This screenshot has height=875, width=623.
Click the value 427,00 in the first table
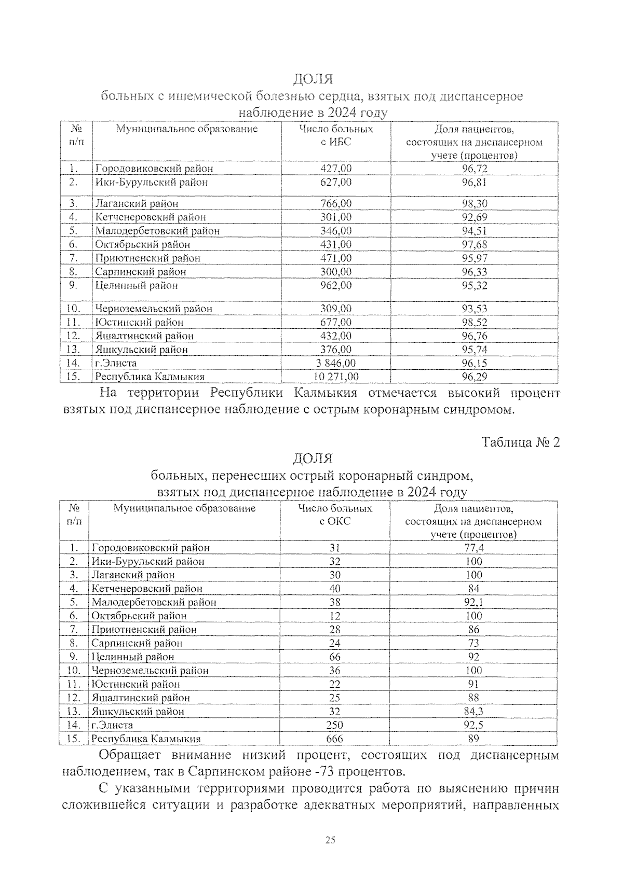click(x=335, y=169)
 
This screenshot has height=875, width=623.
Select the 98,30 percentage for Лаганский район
click(x=475, y=203)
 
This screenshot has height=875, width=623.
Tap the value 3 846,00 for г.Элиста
click(x=335, y=363)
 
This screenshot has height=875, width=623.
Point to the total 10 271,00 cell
click(x=335, y=377)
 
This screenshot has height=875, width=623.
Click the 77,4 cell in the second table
click(x=473, y=548)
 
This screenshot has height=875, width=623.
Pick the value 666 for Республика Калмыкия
click(x=334, y=739)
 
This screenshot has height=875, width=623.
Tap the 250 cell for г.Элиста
click(x=334, y=725)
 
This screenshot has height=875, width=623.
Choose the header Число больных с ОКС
click(x=335, y=515)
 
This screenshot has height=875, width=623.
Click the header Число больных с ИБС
click(x=336, y=135)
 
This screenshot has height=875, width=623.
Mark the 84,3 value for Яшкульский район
click(x=473, y=712)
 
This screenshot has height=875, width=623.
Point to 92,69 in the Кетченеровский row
click(x=475, y=217)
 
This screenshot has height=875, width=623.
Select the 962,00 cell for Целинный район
click(x=335, y=285)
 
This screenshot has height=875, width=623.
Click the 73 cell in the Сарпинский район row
click(x=473, y=643)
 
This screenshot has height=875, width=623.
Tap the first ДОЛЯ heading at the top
click(x=313, y=79)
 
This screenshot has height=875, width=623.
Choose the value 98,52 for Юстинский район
click(x=475, y=322)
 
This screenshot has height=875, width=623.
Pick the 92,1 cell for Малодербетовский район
click(x=473, y=602)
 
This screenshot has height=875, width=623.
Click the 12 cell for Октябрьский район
click(x=334, y=616)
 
